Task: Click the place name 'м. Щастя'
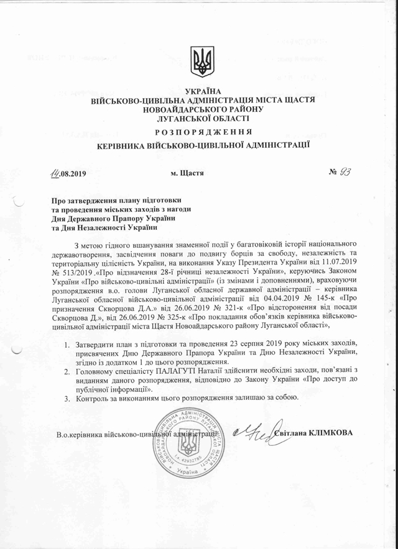coord(187,173)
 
